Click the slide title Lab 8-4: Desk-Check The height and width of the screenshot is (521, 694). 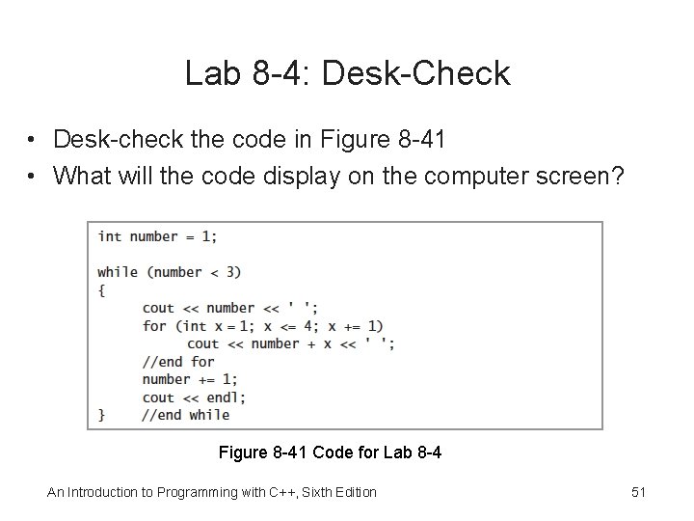pos(347,73)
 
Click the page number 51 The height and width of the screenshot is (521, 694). pos(638,492)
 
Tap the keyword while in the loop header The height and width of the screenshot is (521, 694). pos(118,272)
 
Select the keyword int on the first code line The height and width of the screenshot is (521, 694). pos(110,236)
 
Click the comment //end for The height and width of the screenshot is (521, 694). pos(178,362)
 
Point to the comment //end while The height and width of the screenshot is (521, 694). pos(185,415)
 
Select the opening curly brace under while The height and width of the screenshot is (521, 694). pos(102,289)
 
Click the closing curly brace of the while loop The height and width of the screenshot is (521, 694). pos(102,415)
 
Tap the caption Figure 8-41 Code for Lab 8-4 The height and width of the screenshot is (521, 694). pos(331,452)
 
